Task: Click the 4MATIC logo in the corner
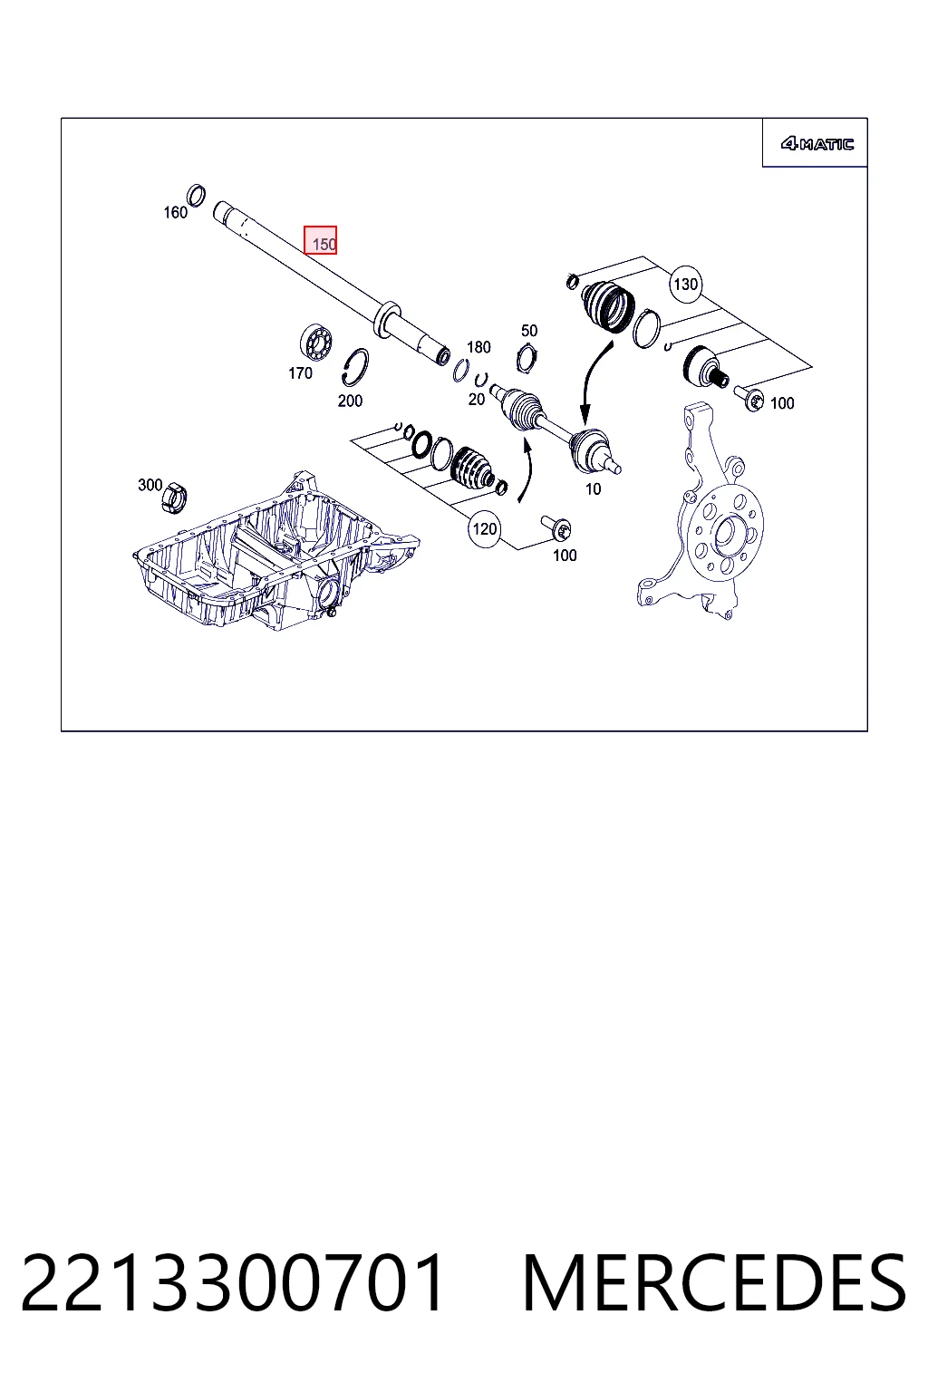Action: [x=817, y=144]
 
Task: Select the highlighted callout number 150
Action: [x=320, y=240]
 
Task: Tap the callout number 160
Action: [x=175, y=213]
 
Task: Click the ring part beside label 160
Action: [x=197, y=195]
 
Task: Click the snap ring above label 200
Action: [x=355, y=367]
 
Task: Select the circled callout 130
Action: [x=685, y=285]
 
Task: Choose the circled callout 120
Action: [x=484, y=529]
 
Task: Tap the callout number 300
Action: [x=150, y=485]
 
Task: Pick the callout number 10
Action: [x=593, y=489]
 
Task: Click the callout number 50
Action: [x=529, y=331]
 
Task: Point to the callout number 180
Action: [x=478, y=347]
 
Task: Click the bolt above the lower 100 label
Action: [x=556, y=527]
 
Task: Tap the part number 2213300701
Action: [x=233, y=1282]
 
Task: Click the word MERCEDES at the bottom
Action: [x=715, y=1282]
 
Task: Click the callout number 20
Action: [x=476, y=400]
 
